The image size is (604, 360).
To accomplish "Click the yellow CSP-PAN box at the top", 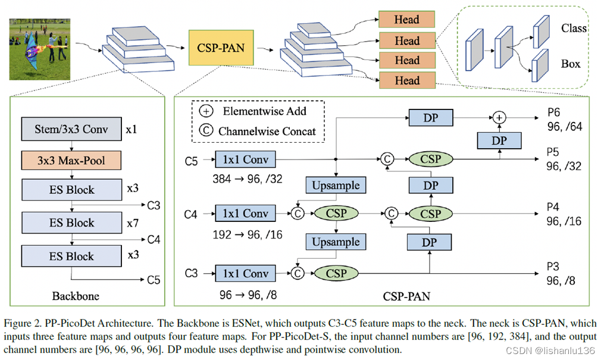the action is [221, 48].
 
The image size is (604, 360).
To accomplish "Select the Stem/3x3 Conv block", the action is [71, 129].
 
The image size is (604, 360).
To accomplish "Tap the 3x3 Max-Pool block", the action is [71, 160].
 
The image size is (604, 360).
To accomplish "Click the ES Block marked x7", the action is [71, 223].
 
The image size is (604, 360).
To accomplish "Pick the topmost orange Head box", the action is [407, 19].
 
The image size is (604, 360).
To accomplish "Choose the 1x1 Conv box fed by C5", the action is [245, 159].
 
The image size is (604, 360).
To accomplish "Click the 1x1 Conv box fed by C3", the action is [245, 273].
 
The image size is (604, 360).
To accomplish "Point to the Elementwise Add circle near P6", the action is [499, 117].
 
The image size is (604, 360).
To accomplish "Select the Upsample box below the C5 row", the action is [336, 185].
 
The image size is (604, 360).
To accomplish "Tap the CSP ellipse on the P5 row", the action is [431, 159].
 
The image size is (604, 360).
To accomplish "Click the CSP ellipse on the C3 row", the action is [336, 273].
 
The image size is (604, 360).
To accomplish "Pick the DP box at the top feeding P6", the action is [431, 117].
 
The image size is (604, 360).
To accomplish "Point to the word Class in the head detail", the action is [574, 28].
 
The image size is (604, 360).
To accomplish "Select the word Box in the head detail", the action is [571, 64].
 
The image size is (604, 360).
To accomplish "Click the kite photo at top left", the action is [40, 49].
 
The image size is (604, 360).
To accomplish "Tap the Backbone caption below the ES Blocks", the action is [76, 296].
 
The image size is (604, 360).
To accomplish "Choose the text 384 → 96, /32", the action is [248, 179].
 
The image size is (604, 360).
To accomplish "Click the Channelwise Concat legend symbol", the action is [206, 130].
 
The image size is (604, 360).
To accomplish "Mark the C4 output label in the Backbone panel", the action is [154, 239].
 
